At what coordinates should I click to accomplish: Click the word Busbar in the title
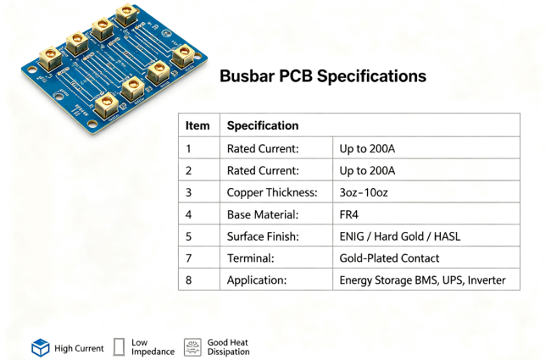point(247,76)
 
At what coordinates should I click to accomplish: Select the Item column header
point(198,125)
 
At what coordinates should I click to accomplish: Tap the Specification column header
point(263,125)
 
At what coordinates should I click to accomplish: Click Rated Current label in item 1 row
point(263,148)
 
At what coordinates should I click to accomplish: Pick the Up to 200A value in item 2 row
point(367,170)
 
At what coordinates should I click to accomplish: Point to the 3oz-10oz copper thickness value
point(364,192)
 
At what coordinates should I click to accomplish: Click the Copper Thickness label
point(272,192)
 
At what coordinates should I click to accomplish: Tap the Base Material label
point(263,214)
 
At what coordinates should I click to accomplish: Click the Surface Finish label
point(263,236)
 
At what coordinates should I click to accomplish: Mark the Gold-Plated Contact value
point(389,258)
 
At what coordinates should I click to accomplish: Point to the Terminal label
point(251,258)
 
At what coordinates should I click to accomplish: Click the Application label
point(257,280)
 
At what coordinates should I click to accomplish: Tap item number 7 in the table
point(189,258)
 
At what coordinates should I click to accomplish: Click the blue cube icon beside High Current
point(41,347)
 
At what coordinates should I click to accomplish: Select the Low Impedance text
point(153,347)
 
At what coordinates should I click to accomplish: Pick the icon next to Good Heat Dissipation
point(192,347)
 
